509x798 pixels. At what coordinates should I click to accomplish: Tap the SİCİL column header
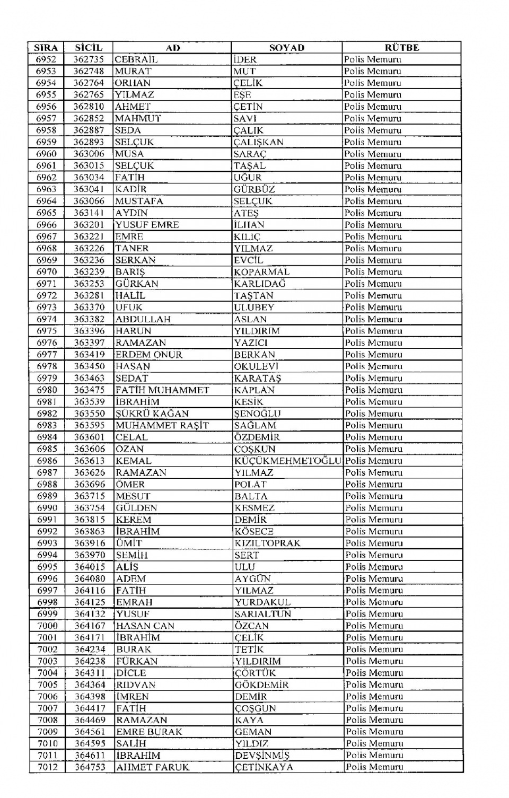(89, 48)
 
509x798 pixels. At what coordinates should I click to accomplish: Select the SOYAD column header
(287, 48)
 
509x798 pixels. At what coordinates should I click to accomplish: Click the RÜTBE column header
(401, 48)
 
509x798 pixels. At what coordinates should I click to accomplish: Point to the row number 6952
(46, 59)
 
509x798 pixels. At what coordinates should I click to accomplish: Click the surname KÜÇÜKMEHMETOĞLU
(288, 461)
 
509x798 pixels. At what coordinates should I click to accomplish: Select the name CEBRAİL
(136, 59)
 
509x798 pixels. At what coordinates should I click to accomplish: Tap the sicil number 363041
(89, 189)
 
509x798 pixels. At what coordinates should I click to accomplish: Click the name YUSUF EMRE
(147, 225)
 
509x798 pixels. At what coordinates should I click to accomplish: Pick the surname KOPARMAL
(262, 272)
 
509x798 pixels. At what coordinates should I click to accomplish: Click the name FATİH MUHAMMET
(162, 390)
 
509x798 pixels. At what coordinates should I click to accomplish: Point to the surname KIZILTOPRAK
(267, 543)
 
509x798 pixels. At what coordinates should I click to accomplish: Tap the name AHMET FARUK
(153, 767)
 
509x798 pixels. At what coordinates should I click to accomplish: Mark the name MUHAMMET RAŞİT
(162, 425)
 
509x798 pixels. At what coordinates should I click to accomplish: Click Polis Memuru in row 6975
(373, 331)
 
